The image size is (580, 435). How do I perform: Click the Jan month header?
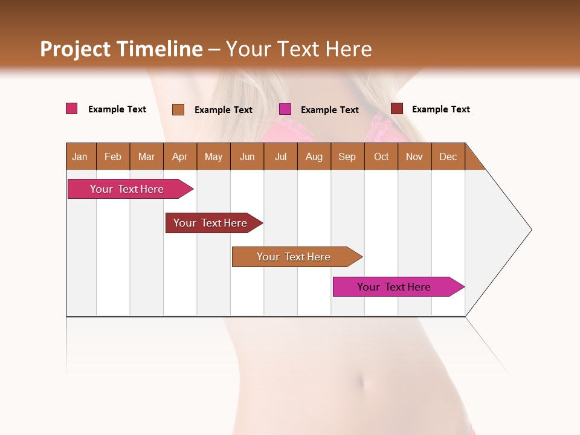tap(80, 156)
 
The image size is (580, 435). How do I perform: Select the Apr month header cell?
tap(180, 156)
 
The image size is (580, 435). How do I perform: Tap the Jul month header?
tap(281, 156)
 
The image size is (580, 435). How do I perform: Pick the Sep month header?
tap(347, 156)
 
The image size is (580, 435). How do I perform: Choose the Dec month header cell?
tap(448, 156)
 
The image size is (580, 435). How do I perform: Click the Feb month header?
tap(113, 156)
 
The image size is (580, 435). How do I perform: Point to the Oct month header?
tap(381, 156)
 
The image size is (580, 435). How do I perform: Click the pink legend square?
tap(72, 109)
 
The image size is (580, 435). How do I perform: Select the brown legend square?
tap(178, 109)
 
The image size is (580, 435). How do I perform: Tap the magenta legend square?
tap(285, 109)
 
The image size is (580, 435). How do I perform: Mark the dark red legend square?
tap(397, 109)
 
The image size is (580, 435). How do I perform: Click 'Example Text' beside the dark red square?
tap(440, 109)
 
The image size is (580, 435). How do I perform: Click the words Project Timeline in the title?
tap(121, 49)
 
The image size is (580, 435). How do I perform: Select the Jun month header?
tap(247, 156)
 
